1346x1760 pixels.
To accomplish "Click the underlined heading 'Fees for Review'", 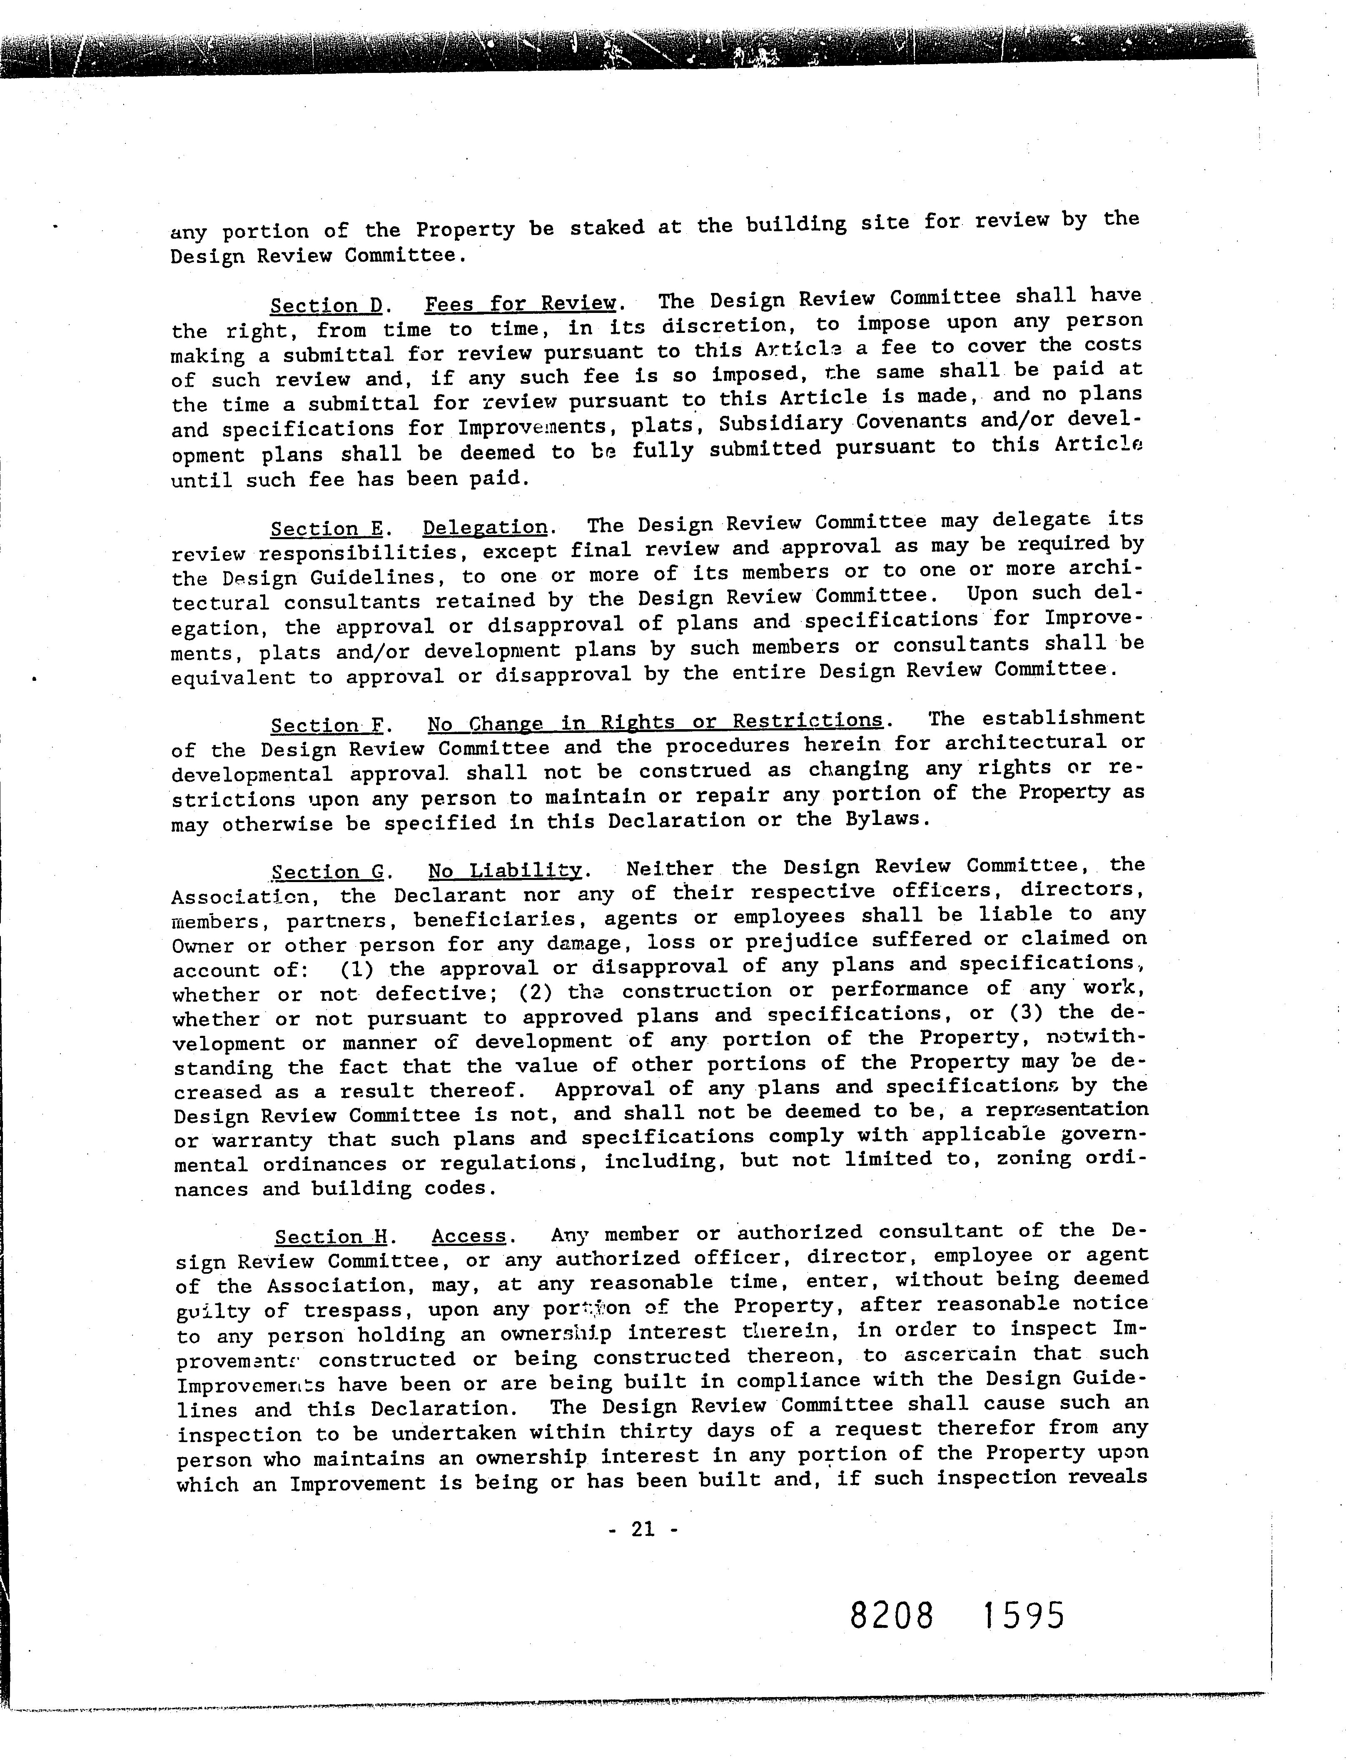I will pyautogui.click(x=520, y=304).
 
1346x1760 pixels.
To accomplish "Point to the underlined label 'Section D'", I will pyautogui.click(x=325, y=305).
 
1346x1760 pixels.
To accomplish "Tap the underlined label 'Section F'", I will pyautogui.click(x=327, y=725).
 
